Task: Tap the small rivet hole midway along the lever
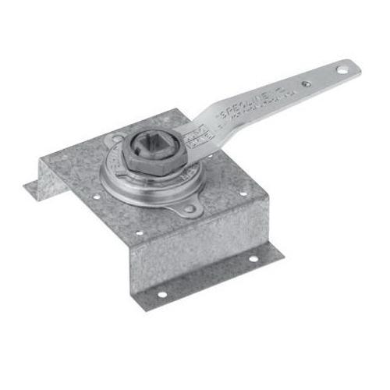(x=307, y=83)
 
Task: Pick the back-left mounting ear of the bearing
(x=118, y=141)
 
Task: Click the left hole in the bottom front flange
(x=161, y=293)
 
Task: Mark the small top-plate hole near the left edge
(x=96, y=197)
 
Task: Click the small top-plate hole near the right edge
(x=243, y=193)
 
